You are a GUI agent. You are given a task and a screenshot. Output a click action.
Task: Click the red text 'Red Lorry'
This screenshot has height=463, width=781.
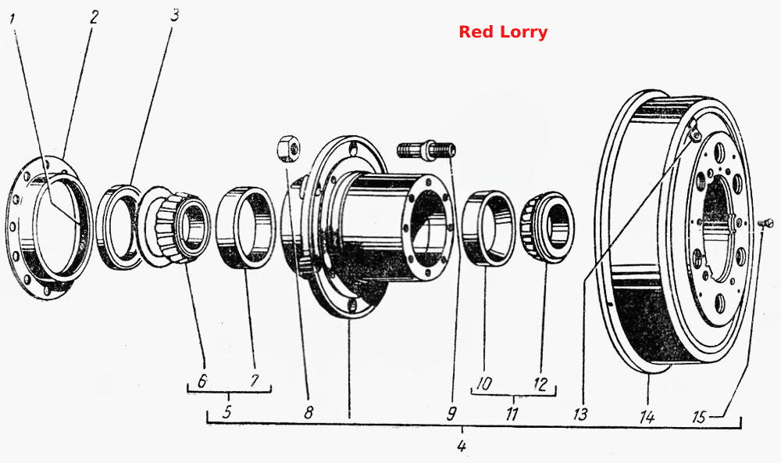tap(503, 32)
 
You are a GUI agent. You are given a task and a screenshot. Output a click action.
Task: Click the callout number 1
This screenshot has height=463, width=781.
tap(12, 20)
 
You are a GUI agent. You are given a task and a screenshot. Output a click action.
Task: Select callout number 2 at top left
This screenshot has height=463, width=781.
tap(94, 17)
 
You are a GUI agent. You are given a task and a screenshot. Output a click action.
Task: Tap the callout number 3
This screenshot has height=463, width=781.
tap(174, 16)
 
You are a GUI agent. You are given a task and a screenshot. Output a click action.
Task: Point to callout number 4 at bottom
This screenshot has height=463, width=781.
tap(462, 446)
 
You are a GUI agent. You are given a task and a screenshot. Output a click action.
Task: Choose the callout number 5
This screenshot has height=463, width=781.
tap(227, 411)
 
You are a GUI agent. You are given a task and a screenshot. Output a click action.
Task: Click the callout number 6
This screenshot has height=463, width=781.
tap(202, 381)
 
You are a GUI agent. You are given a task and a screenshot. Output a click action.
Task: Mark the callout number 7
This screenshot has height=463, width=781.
tap(255, 381)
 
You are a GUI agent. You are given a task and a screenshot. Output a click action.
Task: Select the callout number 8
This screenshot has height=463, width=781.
tap(308, 412)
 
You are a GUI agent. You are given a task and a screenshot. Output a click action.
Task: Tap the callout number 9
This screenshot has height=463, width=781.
tap(451, 413)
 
